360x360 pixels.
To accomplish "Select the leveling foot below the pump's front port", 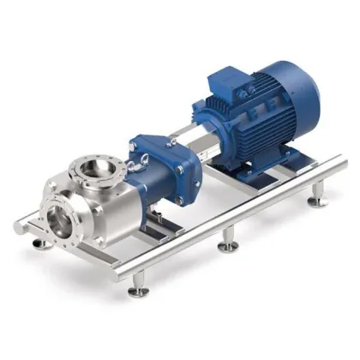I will tap(39, 244).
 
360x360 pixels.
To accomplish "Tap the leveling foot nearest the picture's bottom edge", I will tap(138, 291).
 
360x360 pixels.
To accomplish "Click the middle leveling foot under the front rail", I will tap(227, 245).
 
